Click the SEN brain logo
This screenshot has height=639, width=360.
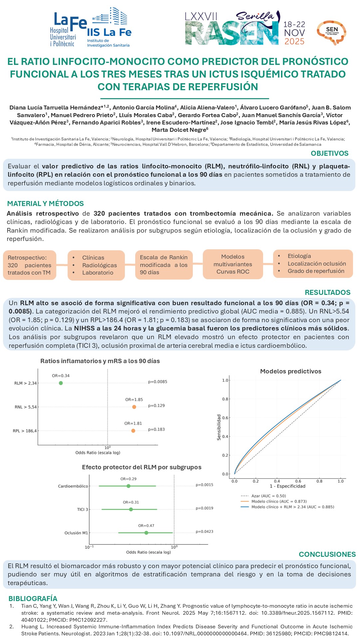click(x=332, y=32)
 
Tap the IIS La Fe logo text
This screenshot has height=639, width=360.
click(x=109, y=32)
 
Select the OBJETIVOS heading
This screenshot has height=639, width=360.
click(x=329, y=153)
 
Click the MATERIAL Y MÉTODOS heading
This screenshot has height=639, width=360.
click(x=46, y=204)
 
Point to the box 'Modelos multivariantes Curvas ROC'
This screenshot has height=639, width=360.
click(x=233, y=264)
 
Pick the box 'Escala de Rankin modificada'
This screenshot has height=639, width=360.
click(x=164, y=265)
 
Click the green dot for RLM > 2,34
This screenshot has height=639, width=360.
click(x=61, y=383)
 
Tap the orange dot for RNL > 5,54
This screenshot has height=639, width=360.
click(x=134, y=407)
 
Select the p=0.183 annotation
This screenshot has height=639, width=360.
click(x=157, y=429)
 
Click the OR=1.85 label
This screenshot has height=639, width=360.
click(x=134, y=400)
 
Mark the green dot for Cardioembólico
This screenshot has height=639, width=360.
click(x=129, y=486)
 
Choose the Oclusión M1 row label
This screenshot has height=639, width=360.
click(x=76, y=533)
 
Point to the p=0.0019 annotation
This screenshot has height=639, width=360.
click(x=204, y=508)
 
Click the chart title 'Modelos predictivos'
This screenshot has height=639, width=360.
click(x=290, y=371)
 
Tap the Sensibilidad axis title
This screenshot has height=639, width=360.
click(x=219, y=427)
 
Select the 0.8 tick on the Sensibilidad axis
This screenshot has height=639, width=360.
click(x=225, y=399)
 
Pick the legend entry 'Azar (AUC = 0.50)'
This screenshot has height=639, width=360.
click(x=268, y=496)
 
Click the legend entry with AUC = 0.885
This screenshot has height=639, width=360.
click(x=292, y=507)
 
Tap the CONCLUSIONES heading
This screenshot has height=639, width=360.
click(x=327, y=554)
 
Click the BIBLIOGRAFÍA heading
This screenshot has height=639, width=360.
click(x=33, y=598)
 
